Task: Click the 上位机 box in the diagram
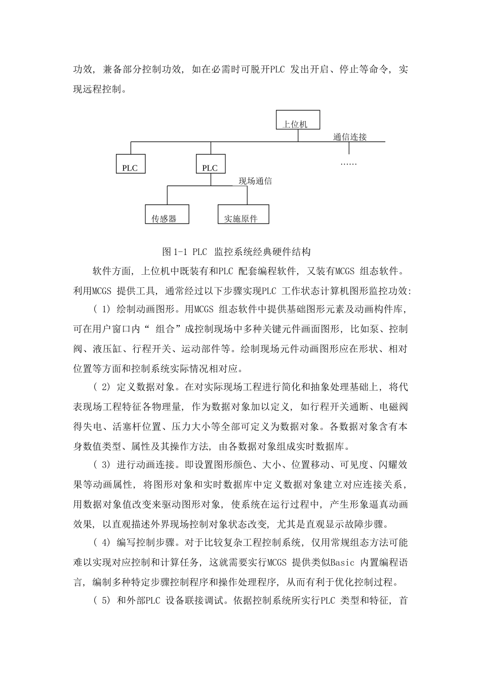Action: click(x=298, y=120)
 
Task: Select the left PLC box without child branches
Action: click(x=130, y=164)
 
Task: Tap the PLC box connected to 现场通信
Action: click(x=210, y=164)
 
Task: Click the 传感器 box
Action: click(x=167, y=215)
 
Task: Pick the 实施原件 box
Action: click(x=243, y=215)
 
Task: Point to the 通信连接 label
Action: click(x=350, y=137)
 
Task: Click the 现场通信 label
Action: click(x=255, y=181)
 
